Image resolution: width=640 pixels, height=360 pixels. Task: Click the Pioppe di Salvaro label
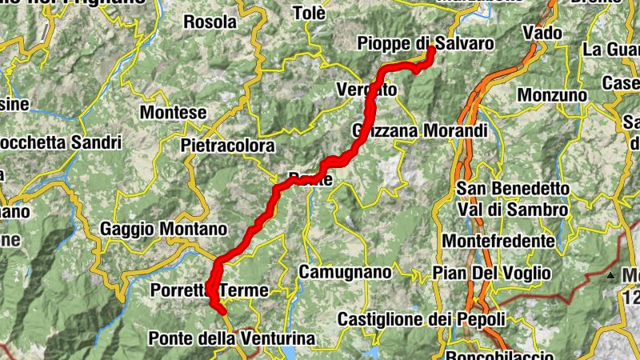pyautogui.click(x=425, y=42)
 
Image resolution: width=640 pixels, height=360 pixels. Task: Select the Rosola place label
pyautogui.click(x=210, y=22)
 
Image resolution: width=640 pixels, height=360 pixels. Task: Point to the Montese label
pyautogui.click(x=173, y=113)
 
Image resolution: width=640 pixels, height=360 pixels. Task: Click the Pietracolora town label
pyautogui.click(x=227, y=146)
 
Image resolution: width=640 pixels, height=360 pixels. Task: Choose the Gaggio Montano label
pyautogui.click(x=163, y=230)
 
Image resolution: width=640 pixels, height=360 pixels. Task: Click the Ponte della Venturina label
pyautogui.click(x=232, y=339)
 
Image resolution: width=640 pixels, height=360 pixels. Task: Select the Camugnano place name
pyautogui.click(x=345, y=272)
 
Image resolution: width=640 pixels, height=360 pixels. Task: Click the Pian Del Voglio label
pyautogui.click(x=491, y=273)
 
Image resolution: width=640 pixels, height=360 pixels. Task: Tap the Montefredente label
pyautogui.click(x=498, y=241)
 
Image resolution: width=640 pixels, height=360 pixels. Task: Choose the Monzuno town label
pyautogui.click(x=552, y=95)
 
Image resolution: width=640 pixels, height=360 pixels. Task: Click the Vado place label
pyautogui.click(x=540, y=33)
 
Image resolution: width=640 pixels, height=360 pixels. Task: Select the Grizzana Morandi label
pyautogui.click(x=419, y=130)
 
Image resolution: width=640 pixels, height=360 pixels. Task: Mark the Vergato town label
pyautogui.click(x=367, y=90)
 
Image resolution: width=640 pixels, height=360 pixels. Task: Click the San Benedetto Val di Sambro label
pyautogui.click(x=512, y=199)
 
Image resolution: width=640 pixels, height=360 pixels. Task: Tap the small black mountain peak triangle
pyautogui.click(x=610, y=276)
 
